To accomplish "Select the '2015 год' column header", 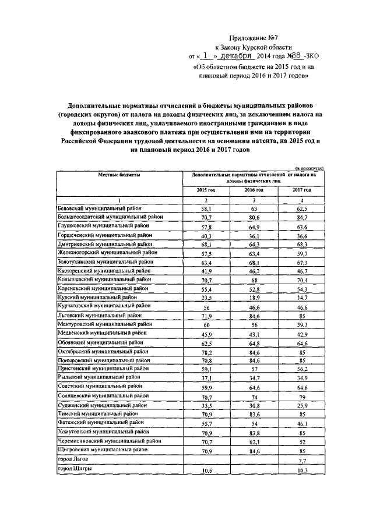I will pyautogui.click(x=206, y=190).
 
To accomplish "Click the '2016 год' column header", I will pyautogui.click(x=254, y=190).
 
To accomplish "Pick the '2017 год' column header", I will pyautogui.click(x=301, y=190).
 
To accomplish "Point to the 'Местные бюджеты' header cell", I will pyautogui.click(x=118, y=175).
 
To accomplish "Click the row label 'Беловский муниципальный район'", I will pyautogui.click(x=98, y=208).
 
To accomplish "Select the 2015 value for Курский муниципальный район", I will pyautogui.click(x=206, y=296).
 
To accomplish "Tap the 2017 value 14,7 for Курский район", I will pyautogui.click(x=301, y=296).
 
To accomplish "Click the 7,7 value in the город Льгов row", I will pyautogui.click(x=301, y=461).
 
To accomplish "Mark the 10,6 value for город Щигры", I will pyautogui.click(x=206, y=470).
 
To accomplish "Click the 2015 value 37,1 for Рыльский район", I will pyautogui.click(x=206, y=377).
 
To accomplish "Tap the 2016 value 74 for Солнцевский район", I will pyautogui.click(x=254, y=395).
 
